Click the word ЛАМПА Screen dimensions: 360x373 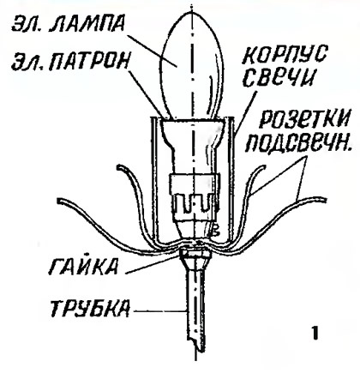pos(87,24)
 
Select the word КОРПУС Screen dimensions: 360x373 pos(284,55)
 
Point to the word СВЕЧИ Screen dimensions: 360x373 pos(279,77)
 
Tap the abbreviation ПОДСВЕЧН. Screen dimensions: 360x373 pos(298,142)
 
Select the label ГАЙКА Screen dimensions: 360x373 pos(83,267)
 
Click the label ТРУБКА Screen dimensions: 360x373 pos(90,309)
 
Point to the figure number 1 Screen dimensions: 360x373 pos(315,334)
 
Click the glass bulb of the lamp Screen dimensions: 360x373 pos(192,66)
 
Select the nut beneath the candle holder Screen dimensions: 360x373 pos(195,253)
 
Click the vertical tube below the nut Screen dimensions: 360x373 pos(195,307)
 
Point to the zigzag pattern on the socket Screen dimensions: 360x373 pos(195,204)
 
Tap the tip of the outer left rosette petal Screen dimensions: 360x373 pos(59,201)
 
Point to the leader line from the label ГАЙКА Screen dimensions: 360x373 pos(154,263)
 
